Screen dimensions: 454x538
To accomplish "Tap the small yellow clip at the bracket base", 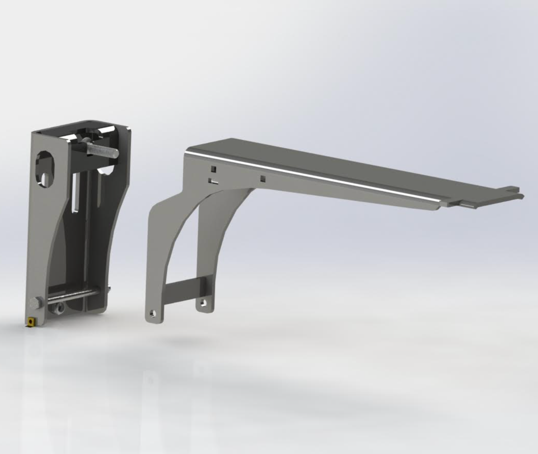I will tap(30, 321).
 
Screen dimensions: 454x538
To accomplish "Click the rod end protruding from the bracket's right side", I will tap(109, 288).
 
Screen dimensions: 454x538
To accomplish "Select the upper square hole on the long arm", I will tap(214, 170).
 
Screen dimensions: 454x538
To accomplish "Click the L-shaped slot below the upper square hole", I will tap(212, 181).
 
